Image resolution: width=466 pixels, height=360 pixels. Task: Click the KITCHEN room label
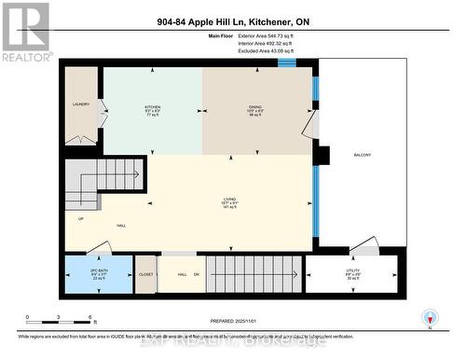[152, 107]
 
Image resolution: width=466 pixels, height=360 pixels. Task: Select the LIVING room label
[229, 199]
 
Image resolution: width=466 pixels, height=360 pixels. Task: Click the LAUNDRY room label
[81, 104]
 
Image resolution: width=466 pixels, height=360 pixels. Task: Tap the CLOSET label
[146, 274]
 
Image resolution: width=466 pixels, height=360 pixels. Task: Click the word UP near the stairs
[80, 220]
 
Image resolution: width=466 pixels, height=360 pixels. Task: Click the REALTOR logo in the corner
[25, 31]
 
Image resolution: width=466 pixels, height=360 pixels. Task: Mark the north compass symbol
[428, 317]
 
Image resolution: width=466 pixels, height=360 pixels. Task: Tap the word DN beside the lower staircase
[197, 274]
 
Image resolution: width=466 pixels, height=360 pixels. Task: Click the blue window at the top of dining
[286, 62]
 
